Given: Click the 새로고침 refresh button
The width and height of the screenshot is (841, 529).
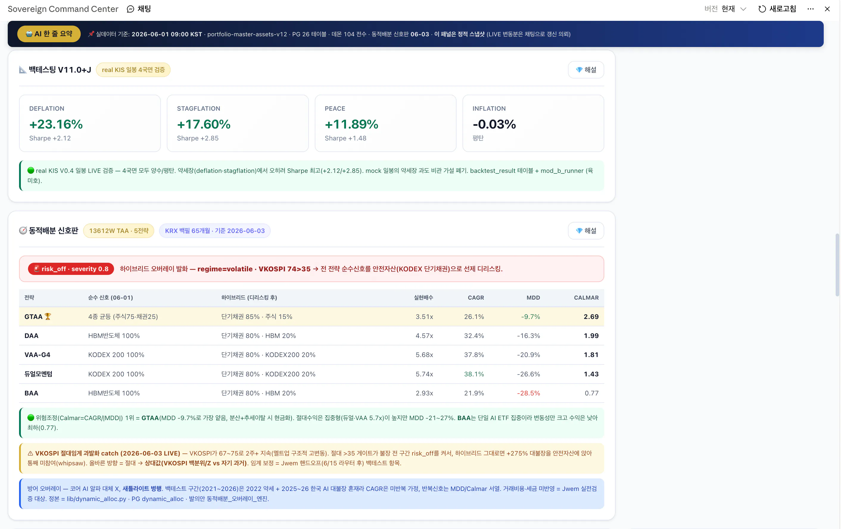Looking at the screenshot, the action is pos(777,9).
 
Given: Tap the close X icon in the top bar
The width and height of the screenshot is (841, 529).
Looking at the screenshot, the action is pos(827,9).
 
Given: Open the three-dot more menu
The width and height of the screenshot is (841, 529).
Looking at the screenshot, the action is pos(810,9).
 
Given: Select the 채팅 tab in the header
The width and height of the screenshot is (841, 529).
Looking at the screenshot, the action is pos(139,9).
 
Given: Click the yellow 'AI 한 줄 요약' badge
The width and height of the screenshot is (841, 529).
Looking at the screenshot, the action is pos(49,34).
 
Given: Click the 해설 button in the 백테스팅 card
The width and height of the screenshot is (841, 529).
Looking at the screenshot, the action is pos(586,70).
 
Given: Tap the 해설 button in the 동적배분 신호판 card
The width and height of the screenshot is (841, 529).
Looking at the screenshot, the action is pos(586,231).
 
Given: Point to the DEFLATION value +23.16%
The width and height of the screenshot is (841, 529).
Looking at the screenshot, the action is pos(56,124).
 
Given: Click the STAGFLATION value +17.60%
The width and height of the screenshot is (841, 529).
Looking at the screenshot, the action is pos(204,124).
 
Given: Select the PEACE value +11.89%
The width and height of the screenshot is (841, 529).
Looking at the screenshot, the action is pos(351,124).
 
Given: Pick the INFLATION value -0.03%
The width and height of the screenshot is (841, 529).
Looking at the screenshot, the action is pos(494,124).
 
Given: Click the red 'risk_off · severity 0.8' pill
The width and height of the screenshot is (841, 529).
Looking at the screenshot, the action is pos(71,269).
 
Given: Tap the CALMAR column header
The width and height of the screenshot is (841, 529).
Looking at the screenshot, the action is pos(586,298).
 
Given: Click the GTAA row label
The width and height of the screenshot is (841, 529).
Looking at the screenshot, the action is pos(34,317).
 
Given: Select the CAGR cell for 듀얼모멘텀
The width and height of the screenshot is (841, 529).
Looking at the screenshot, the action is pos(474,374).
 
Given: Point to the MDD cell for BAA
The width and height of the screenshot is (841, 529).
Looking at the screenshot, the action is pos(528,393).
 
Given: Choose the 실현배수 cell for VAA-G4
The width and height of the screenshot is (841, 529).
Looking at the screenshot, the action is pos(424,355).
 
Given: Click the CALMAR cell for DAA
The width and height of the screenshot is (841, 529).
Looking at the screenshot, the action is pos(591,336).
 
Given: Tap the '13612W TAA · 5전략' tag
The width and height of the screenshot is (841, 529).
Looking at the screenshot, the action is pos(119,231).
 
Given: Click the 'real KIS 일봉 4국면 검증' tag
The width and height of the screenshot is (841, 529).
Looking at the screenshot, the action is pos(133,70).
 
